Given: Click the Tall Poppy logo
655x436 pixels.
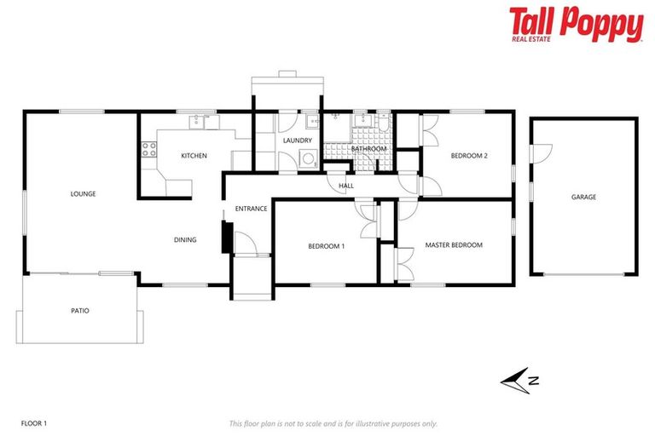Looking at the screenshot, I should tap(576, 23).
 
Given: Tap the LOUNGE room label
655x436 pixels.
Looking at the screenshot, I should tap(83, 194).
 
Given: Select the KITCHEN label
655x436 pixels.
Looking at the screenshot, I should tap(194, 156).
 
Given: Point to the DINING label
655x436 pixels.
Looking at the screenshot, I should tap(185, 240).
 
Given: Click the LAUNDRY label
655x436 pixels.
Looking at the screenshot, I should tap(298, 141).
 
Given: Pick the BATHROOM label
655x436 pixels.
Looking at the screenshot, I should tap(369, 149).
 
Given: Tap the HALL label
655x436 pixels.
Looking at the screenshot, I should tap(346, 186).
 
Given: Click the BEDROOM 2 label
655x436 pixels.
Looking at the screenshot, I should tap(469, 156).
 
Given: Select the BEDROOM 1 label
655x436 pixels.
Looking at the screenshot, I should tap(327, 246).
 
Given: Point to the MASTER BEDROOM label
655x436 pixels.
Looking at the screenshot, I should tap(454, 245).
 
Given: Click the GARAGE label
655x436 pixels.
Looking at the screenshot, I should tap(583, 197).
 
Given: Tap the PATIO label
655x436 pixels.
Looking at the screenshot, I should tap(79, 311).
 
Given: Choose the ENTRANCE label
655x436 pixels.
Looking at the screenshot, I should tap(252, 209).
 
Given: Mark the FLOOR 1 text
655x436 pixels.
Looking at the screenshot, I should tap(33, 423).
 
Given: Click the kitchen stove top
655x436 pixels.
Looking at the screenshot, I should tap(148, 150).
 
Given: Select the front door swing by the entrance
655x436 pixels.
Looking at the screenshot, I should tap(245, 244).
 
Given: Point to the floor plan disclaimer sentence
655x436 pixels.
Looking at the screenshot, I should tap(333, 423).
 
